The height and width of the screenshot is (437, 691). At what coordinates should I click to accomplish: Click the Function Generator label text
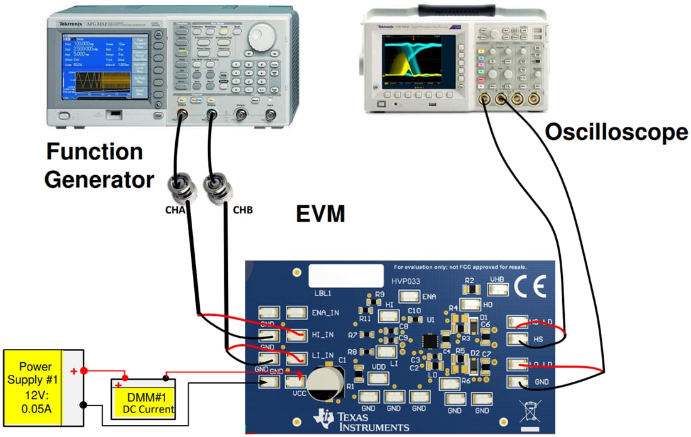coord(99,166)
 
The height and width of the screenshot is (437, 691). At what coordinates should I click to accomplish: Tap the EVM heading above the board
coord(320,214)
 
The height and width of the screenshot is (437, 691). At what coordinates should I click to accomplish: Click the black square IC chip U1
coord(431,342)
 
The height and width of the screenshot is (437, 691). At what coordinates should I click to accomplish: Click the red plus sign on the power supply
coord(74,371)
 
